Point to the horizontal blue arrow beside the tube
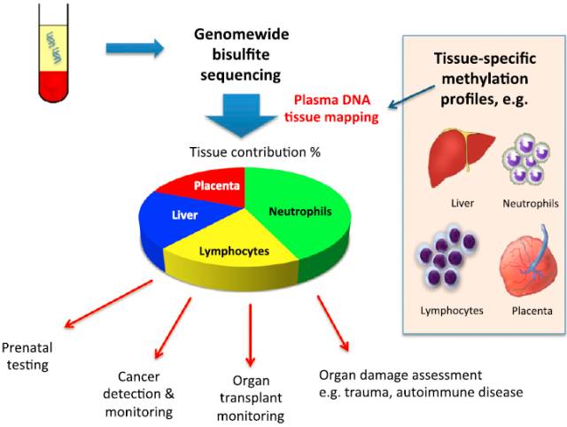134,47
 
